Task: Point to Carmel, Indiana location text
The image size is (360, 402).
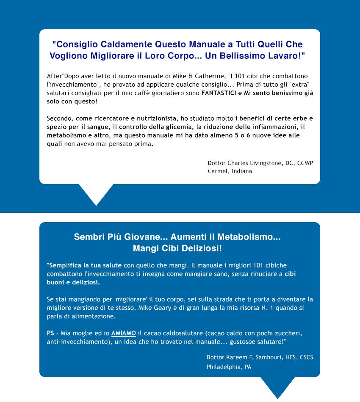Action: click(230, 171)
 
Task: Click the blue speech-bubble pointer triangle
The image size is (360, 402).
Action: click(277, 386)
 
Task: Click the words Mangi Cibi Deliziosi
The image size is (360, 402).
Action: click(177, 248)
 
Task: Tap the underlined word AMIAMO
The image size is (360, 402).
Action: click(123, 333)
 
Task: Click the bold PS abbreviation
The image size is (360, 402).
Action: click(50, 333)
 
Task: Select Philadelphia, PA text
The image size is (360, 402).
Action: click(229, 367)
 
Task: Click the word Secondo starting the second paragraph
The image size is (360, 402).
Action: click(60, 118)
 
